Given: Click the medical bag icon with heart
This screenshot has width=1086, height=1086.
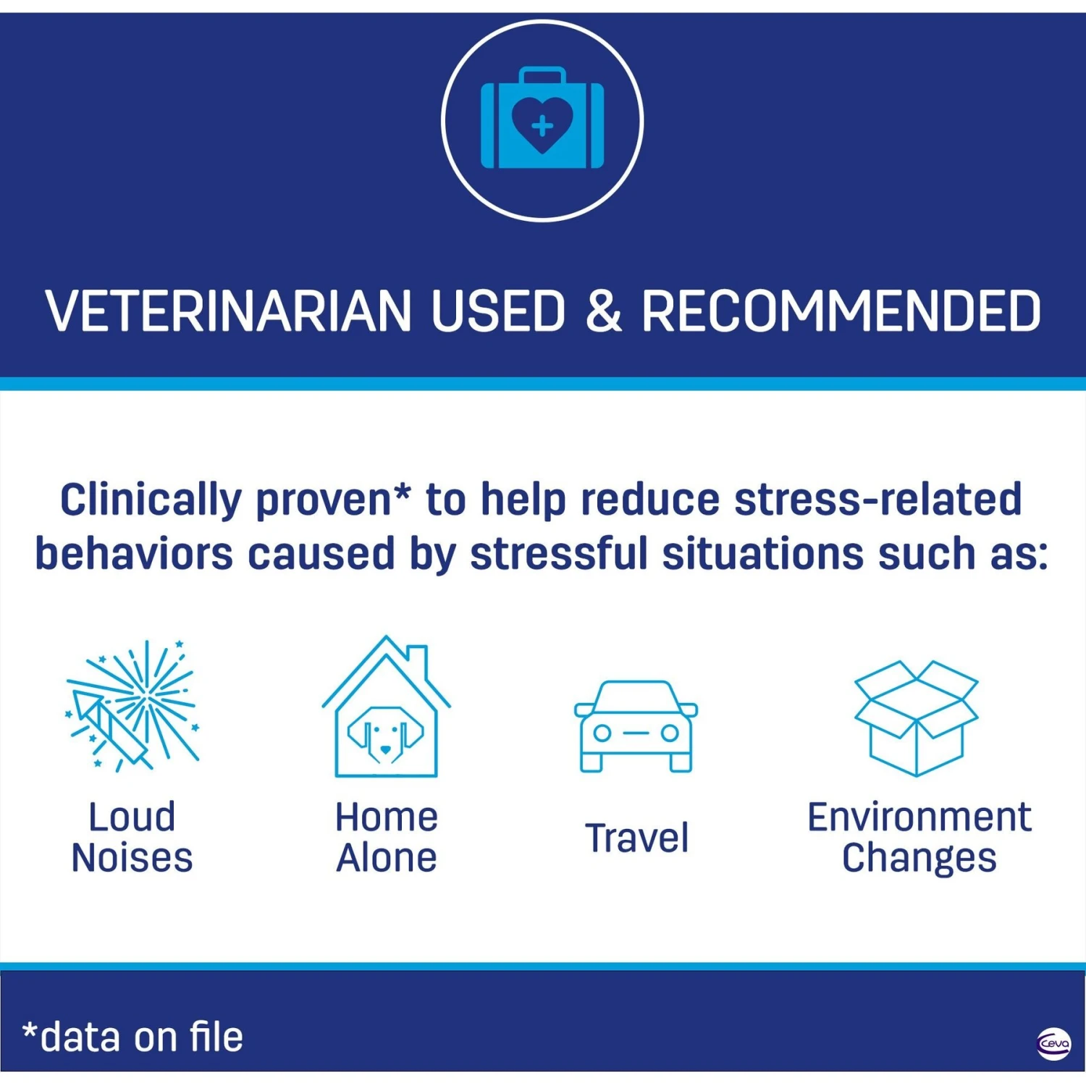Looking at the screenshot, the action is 542,118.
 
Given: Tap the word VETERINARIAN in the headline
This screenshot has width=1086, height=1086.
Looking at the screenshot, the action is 229,311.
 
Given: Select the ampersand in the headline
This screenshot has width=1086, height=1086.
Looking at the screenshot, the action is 603,311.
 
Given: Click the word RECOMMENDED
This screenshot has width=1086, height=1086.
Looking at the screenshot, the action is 841,311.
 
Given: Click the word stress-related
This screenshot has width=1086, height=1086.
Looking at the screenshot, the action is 877,500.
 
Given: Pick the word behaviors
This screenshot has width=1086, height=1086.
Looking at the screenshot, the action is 134,554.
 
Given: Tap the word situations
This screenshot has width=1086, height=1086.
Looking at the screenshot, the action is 763,554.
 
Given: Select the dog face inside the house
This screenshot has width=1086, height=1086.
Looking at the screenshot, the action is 386,733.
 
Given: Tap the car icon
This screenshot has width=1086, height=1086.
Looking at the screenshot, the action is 636,726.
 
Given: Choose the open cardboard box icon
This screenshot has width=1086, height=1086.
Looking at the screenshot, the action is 917,717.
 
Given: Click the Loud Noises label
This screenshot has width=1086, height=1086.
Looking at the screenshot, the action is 132,838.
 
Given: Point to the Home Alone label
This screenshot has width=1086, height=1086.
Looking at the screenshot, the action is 387,838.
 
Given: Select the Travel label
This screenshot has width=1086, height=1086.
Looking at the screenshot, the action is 636,838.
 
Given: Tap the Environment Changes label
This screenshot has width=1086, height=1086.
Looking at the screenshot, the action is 919,838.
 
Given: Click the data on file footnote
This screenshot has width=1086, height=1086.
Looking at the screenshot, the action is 133,1037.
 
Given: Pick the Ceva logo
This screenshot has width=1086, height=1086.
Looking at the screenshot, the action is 1053,1044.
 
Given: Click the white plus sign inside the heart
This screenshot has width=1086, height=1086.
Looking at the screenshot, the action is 542,127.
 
